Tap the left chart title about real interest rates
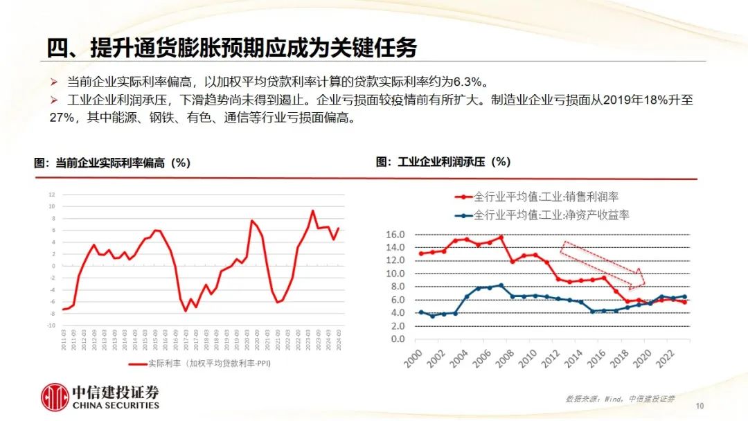click(112, 163)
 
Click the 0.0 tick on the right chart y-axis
click(395, 339)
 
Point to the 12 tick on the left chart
click(51, 195)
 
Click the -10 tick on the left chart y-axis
click(50, 325)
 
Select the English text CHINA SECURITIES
click(116, 405)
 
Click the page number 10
click(700, 406)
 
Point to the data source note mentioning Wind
click(619, 399)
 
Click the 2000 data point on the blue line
click(421, 312)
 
